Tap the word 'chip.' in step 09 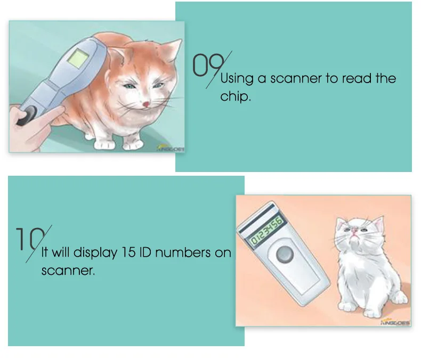click(x=235, y=97)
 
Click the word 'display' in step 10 click(x=95, y=252)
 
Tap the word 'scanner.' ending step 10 click(x=68, y=270)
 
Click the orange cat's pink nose click(x=145, y=102)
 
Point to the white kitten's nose click(x=353, y=230)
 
